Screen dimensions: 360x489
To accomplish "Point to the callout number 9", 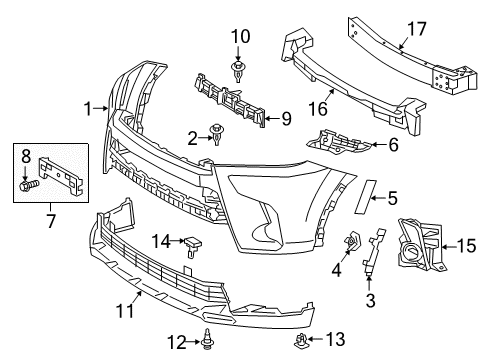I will [287, 120].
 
